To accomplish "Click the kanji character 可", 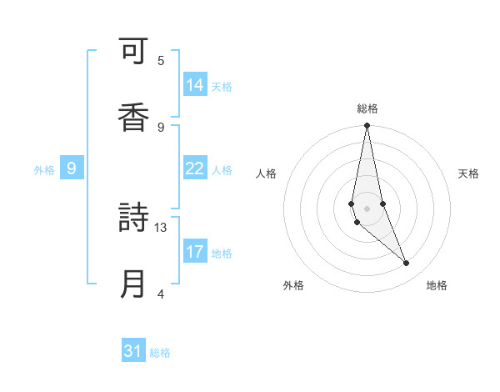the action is tap(133, 54).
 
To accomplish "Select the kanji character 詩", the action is tap(133, 219).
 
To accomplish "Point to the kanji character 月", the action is tap(133, 284).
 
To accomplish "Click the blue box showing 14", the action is tap(195, 85).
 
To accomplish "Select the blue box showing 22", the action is tap(195, 169).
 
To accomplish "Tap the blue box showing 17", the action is tap(195, 252).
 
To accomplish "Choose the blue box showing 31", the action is tap(133, 352).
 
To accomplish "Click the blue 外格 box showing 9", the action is tap(72, 169).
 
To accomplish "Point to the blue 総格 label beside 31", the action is tap(160, 353).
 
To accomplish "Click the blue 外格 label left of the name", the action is tap(44, 170).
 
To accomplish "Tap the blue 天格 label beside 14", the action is tap(222, 86).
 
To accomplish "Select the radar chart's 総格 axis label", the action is tap(367, 108).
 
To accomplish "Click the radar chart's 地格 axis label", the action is tap(437, 285).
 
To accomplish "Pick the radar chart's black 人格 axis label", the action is tap(267, 173).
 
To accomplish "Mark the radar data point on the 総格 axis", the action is tap(367, 126).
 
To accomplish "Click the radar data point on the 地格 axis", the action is tap(407, 264).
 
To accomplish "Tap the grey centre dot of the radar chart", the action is tap(367, 208).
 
